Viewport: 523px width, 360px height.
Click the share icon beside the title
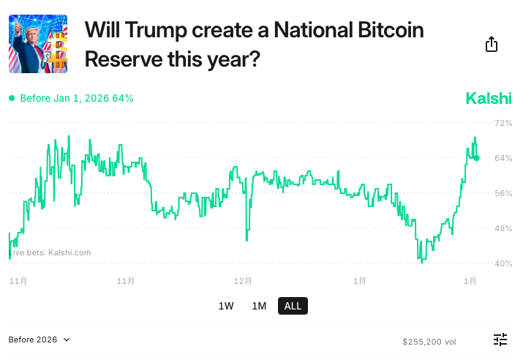click(x=492, y=45)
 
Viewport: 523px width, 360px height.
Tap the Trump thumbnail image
click(x=38, y=44)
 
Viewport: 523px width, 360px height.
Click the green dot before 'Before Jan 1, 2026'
click(x=12, y=98)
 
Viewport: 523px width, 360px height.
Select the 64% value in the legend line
click(x=123, y=98)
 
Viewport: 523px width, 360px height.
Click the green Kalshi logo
click(x=489, y=98)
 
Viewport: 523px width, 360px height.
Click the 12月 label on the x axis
click(x=243, y=280)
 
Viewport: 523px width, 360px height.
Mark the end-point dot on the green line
click(x=476, y=157)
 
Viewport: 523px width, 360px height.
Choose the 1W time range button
click(x=226, y=306)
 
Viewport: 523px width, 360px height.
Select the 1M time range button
click(x=259, y=306)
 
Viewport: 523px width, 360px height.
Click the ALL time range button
click(x=293, y=306)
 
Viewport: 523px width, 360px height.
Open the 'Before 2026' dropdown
click(x=39, y=340)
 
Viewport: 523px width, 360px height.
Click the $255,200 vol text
click(x=429, y=341)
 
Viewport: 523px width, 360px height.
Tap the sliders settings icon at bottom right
click(x=500, y=340)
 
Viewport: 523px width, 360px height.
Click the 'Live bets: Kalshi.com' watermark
click(x=50, y=252)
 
